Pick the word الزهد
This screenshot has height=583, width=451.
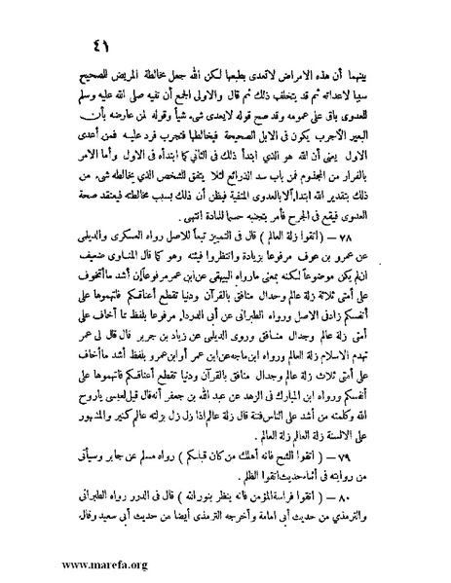pos(235,407)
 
